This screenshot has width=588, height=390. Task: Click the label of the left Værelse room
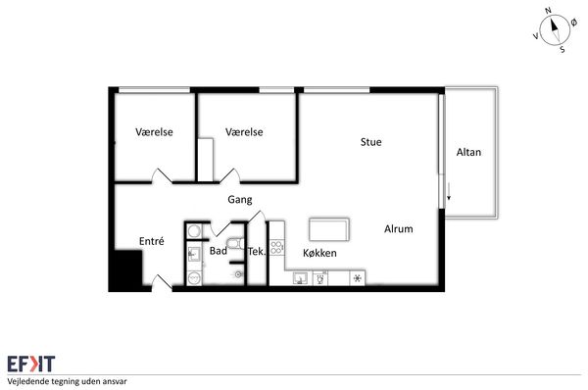click(154, 132)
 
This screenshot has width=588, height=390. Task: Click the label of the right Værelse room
click(244, 132)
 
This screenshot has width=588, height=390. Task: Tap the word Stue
click(370, 142)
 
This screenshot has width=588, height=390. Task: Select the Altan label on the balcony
click(468, 152)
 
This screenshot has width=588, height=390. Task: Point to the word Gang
click(240, 200)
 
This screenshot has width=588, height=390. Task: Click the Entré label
click(152, 241)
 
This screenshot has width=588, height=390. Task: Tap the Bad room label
click(219, 251)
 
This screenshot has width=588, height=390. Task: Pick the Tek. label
click(257, 252)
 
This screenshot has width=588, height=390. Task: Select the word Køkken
click(319, 253)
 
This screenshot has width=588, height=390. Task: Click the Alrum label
click(399, 229)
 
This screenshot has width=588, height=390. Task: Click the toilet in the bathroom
click(236, 244)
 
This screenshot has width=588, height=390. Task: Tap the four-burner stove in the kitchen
click(276, 248)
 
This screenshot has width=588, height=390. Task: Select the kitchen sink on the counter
click(300, 278)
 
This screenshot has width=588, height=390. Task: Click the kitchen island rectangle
click(329, 229)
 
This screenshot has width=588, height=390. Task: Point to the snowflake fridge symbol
click(358, 278)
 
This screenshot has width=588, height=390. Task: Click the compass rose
click(555, 30)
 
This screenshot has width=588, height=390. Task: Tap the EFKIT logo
click(31, 364)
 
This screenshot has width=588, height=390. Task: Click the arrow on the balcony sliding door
click(449, 192)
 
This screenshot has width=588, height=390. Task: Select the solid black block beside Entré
click(127, 268)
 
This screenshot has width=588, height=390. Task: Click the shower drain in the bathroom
click(238, 275)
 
